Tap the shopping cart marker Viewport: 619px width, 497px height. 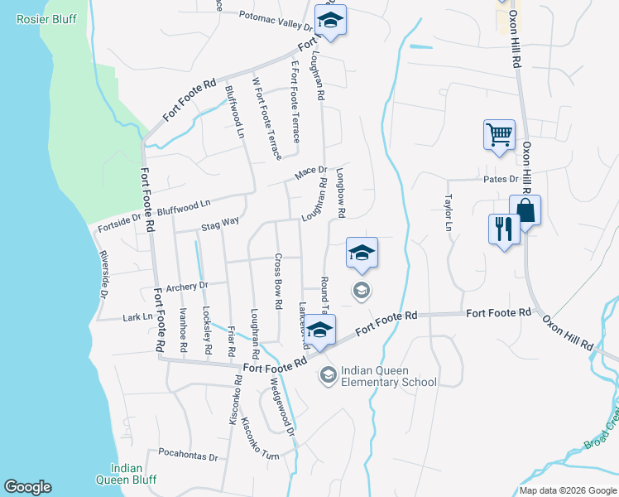499,134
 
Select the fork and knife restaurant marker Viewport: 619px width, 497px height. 504,229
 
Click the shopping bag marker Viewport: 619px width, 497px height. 525,211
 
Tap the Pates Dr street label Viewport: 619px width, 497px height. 501,179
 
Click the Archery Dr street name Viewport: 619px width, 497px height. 185,287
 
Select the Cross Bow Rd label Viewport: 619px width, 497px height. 279,277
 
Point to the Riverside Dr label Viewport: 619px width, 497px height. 103,274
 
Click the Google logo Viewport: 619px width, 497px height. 27,487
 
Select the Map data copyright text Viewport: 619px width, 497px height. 568,490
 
